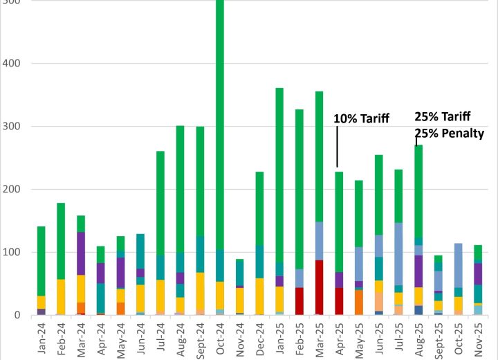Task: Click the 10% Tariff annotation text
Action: (362, 118)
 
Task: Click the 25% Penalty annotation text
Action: (449, 133)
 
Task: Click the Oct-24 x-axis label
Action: (220, 339)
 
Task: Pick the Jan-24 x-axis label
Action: (41, 339)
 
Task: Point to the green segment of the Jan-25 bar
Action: (279, 159)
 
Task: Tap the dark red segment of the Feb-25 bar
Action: (299, 301)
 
